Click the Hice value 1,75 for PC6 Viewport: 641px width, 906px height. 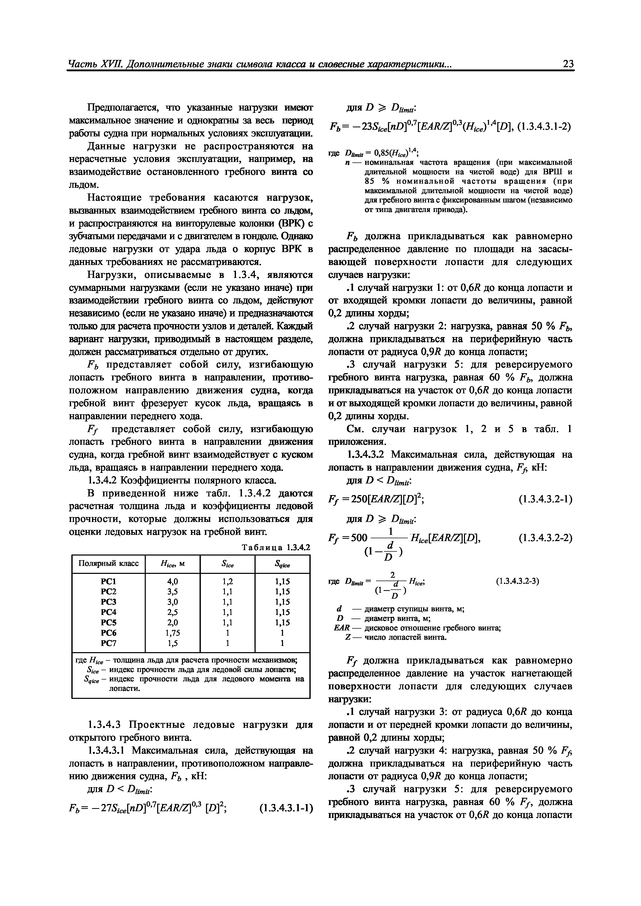click(173, 632)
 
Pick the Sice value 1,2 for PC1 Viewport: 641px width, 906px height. click(227, 581)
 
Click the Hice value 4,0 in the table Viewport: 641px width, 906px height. click(173, 581)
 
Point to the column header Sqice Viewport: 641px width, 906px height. click(282, 564)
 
